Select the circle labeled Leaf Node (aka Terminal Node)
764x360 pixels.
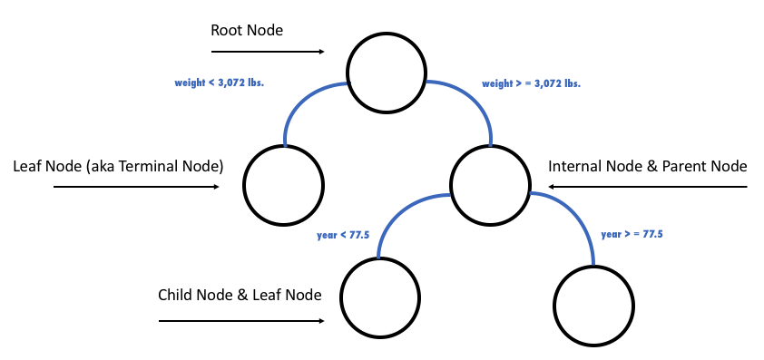pos(283,185)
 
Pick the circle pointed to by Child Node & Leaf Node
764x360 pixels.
pos(382,297)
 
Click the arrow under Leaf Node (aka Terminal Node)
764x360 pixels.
pos(136,187)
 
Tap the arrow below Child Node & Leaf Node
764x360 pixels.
pos(241,321)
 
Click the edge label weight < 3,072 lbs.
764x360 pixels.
pos(225,83)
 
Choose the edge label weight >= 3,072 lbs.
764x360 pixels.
pos(531,83)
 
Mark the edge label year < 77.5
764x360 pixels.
pos(342,234)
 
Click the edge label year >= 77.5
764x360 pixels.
pos(632,234)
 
